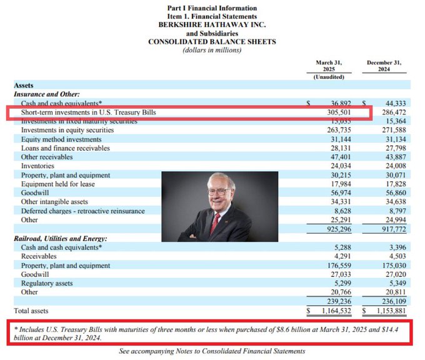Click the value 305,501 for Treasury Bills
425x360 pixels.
[x=335, y=112]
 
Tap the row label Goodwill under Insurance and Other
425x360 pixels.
[x=36, y=193]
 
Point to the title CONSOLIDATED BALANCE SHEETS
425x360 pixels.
[x=212, y=42]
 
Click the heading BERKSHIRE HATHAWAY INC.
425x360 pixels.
[x=212, y=25]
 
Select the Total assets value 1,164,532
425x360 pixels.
[x=332, y=310]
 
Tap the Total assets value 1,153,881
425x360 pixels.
[x=389, y=310]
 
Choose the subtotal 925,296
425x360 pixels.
[x=335, y=229]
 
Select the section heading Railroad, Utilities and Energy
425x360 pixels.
[x=60, y=238]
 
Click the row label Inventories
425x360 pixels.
[x=38, y=166]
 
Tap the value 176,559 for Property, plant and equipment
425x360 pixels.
[x=335, y=264]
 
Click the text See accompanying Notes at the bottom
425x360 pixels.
[x=212, y=351]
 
